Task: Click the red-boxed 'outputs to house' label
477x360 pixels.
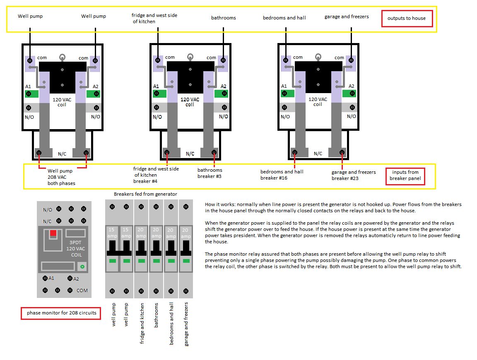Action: point(407,19)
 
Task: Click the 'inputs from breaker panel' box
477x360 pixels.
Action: point(405,175)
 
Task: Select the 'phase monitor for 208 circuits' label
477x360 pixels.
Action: point(61,313)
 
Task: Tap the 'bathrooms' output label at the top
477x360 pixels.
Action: point(223,18)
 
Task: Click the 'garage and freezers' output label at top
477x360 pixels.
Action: point(347,17)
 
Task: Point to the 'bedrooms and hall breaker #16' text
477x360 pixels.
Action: point(282,175)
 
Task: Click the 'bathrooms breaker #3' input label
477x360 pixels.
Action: point(210,173)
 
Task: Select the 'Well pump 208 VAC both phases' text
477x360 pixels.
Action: point(61,177)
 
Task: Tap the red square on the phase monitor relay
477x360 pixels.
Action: point(53,233)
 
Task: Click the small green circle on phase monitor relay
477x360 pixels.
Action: point(82,267)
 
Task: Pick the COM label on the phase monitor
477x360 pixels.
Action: point(82,290)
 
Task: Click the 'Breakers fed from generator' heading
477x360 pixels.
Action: point(145,194)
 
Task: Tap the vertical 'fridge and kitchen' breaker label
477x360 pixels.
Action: point(142,323)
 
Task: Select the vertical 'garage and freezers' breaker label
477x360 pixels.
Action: point(186,324)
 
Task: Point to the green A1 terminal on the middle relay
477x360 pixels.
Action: point(157,94)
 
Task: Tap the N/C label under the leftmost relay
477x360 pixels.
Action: point(62,154)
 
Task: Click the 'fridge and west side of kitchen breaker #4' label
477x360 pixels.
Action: point(156,175)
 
